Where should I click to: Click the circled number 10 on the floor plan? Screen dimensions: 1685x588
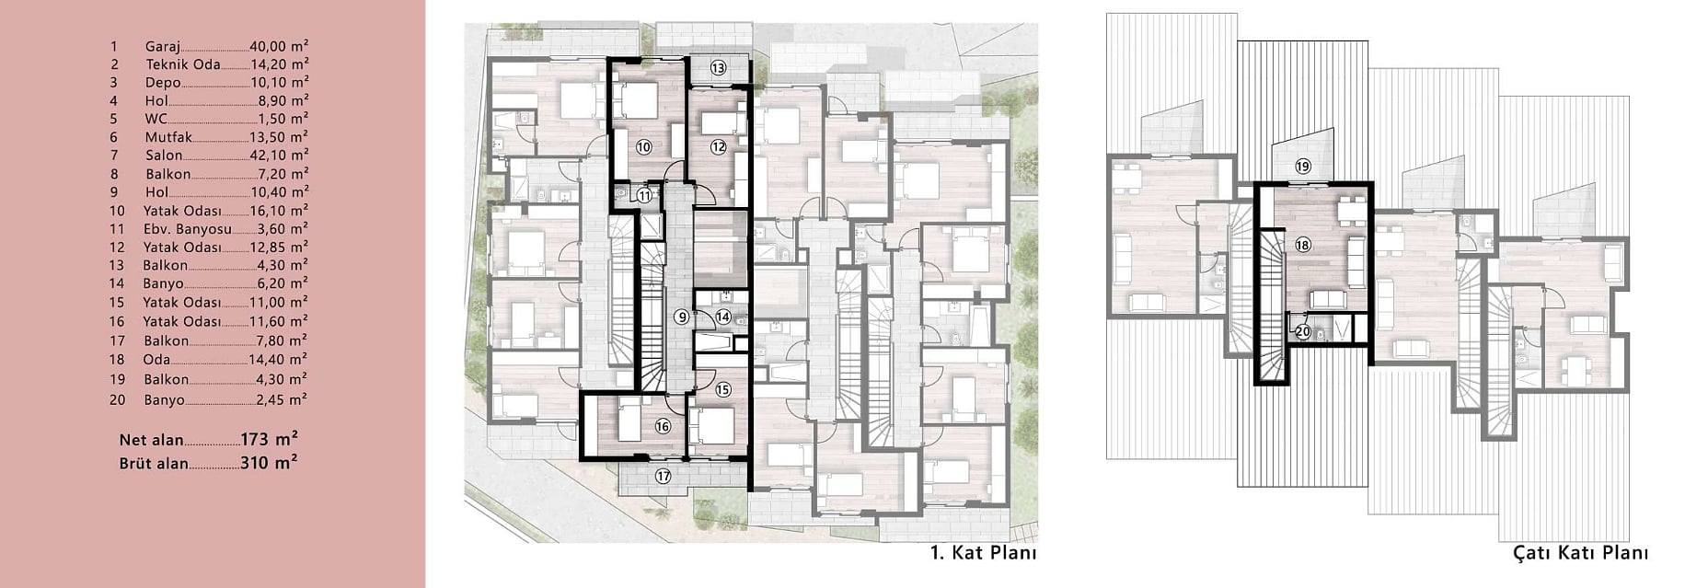point(643,146)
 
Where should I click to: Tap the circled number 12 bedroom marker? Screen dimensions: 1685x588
point(719,146)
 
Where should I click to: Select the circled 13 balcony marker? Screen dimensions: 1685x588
point(718,67)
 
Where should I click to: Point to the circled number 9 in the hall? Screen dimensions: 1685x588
point(681,317)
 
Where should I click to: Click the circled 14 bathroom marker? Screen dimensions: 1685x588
point(723,317)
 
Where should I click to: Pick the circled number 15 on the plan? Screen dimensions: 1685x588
point(723,389)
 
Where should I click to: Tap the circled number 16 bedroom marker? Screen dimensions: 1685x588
point(663,426)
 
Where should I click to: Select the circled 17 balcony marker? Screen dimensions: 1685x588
point(663,476)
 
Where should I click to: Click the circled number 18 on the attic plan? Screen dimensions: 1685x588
point(1302,245)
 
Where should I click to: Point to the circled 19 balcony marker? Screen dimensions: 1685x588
point(1302,167)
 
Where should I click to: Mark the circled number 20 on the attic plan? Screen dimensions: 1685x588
point(1302,331)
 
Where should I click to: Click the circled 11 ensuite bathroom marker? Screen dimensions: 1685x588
point(644,195)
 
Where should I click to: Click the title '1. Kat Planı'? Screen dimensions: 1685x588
point(984,553)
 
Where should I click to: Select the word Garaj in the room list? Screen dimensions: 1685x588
point(163,46)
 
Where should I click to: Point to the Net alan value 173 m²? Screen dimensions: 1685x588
point(269,439)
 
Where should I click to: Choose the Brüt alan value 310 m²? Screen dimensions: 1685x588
point(269,463)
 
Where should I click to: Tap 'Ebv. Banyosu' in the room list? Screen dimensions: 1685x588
point(188,229)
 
